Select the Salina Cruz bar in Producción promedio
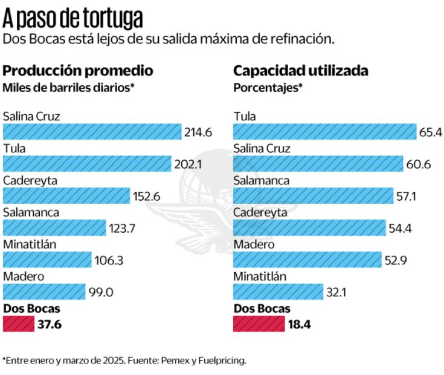pos(92,131)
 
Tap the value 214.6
pos(198,132)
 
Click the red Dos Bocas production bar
pos(18,324)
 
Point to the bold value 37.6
pos(50,324)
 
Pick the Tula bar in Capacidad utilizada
pos(324,131)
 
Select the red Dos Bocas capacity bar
pos(259,324)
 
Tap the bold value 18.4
pos(300,324)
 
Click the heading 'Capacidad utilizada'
pos(301,71)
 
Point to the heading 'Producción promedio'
pos(78,71)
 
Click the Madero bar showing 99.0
pos(44,292)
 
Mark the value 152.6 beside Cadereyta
pos(147,196)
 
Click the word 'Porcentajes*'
pos(268,87)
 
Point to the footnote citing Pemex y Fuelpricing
pos(124,360)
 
